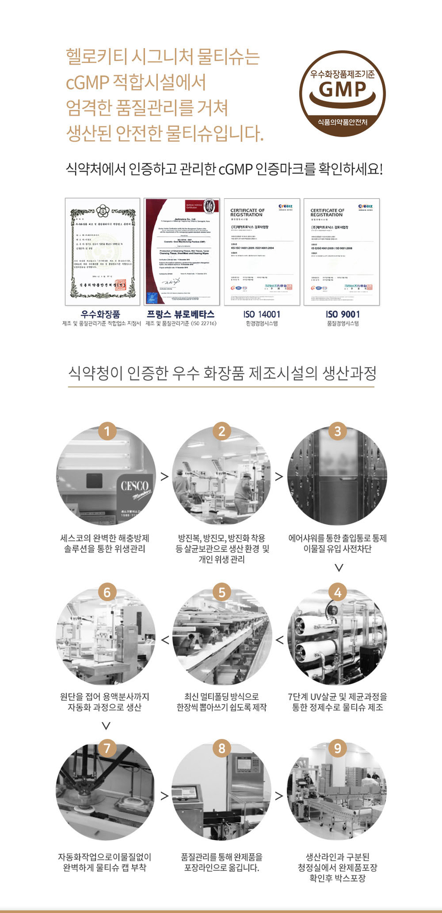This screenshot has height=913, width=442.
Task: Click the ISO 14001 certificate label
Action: (x=262, y=314)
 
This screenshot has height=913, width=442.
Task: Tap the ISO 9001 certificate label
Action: (x=342, y=314)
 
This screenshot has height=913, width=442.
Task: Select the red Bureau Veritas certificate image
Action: (x=181, y=252)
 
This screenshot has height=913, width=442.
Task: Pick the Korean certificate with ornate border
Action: (x=102, y=252)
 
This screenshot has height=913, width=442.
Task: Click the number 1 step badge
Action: (x=106, y=431)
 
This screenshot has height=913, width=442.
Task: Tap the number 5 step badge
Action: (x=222, y=592)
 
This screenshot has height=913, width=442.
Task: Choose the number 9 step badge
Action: (x=337, y=748)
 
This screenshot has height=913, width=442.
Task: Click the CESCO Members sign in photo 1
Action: (x=136, y=490)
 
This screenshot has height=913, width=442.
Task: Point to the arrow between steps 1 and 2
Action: (x=164, y=477)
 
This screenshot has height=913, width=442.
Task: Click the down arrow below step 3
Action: (x=338, y=567)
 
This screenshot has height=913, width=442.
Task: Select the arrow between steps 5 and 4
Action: (x=279, y=640)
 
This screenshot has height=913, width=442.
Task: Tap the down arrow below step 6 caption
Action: (x=106, y=726)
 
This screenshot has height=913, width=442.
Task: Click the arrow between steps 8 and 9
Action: (x=279, y=796)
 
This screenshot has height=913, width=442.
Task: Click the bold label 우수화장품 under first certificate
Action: (x=100, y=314)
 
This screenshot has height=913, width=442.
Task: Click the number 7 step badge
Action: (x=106, y=748)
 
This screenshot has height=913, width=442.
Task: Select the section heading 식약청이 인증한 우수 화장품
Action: (x=222, y=373)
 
